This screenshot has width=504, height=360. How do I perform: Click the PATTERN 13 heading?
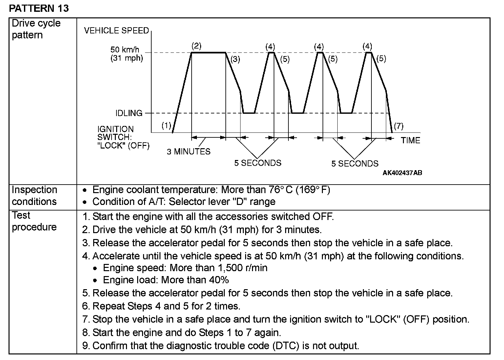pyautogui.click(x=39, y=8)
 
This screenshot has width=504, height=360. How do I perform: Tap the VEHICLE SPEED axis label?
pyautogui.click(x=116, y=31)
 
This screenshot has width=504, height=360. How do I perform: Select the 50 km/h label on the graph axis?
pyautogui.click(x=125, y=50)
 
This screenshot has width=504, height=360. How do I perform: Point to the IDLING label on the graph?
pyautogui.click(x=129, y=113)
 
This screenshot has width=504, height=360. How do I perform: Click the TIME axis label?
pyautogui.click(x=410, y=141)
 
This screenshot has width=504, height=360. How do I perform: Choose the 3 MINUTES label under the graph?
pyautogui.click(x=189, y=151)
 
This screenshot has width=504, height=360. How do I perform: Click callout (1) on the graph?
pyautogui.click(x=166, y=125)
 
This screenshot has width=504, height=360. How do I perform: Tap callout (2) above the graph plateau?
pyautogui.click(x=196, y=46)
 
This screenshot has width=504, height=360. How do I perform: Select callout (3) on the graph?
pyautogui.click(x=235, y=59)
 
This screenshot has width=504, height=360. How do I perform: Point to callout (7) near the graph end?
pyautogui.click(x=398, y=126)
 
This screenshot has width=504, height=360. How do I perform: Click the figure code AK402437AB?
pyautogui.click(x=402, y=173)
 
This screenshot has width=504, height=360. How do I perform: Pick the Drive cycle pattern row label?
pyautogui.click(x=36, y=29)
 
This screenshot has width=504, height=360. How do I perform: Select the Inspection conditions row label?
pyautogui.click(x=34, y=196)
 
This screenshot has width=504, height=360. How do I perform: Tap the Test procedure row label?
pyautogui.click(x=34, y=221)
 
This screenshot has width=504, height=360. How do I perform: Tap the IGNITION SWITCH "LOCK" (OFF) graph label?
pyautogui.click(x=123, y=137)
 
